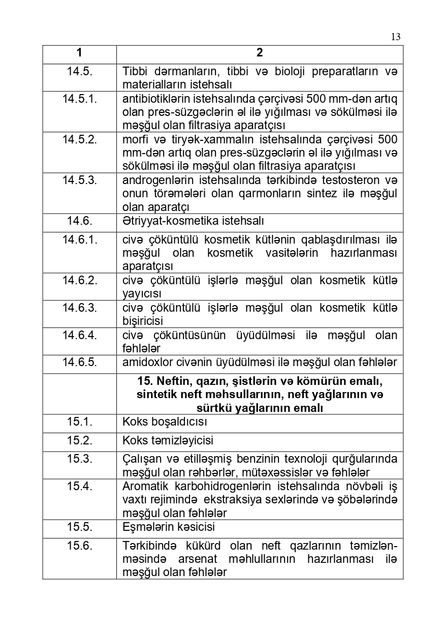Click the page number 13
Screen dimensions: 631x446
point(396,37)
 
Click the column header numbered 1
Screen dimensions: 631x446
point(79,53)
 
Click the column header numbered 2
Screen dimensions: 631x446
point(260,53)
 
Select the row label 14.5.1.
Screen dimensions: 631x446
point(79,98)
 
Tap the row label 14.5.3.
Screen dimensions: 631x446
point(79,180)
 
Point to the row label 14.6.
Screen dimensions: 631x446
point(79,221)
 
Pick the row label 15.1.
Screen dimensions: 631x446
point(79,422)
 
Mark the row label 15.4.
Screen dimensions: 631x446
point(79,486)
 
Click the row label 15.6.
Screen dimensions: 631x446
point(79,546)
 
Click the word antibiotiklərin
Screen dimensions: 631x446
point(152,98)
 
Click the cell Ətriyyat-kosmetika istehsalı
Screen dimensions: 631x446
point(193,221)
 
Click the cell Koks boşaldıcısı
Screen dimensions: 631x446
point(165,422)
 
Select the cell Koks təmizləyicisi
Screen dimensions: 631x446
point(168,440)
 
